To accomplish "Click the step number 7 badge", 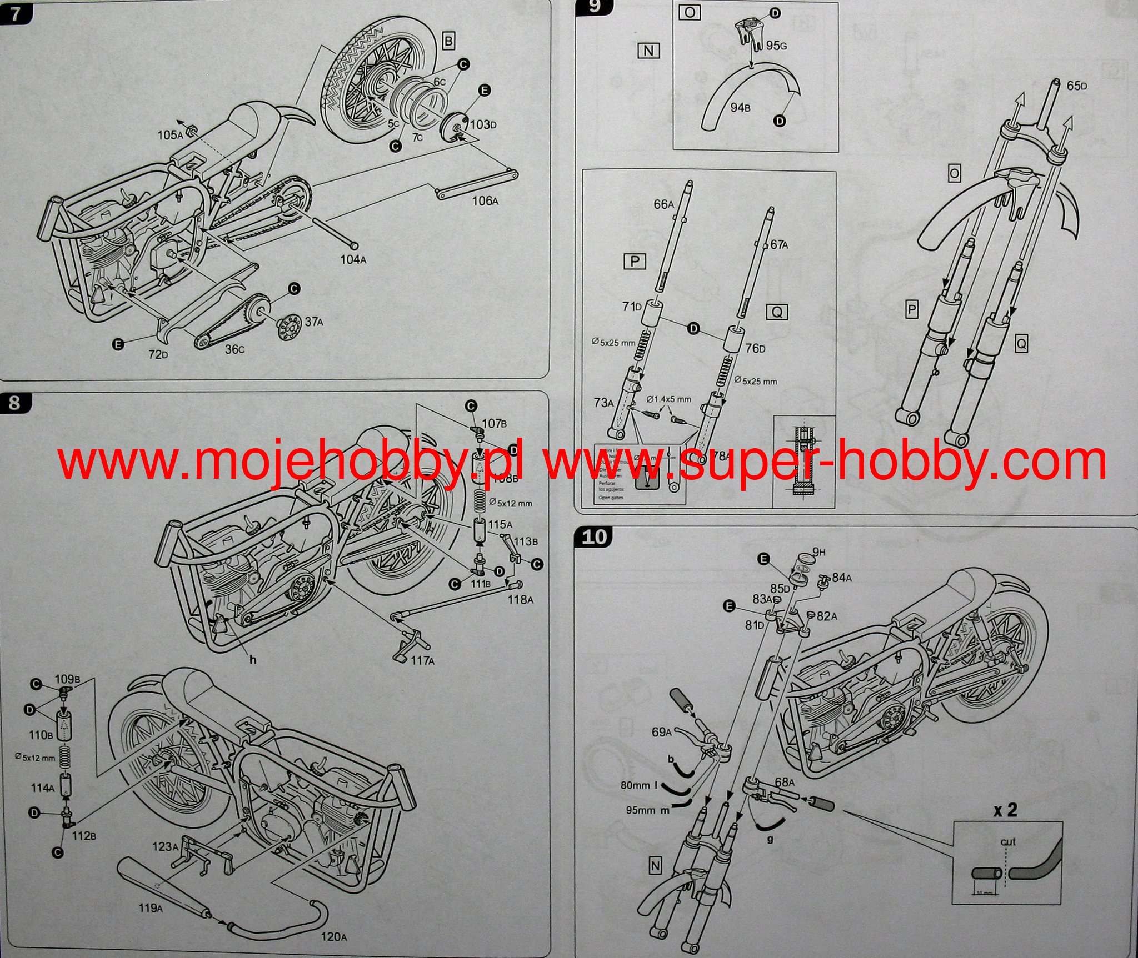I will (14, 13).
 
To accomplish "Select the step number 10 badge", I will (594, 537).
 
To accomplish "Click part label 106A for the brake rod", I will (485, 200).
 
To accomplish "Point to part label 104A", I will (352, 259).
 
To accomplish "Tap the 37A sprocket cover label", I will (314, 322).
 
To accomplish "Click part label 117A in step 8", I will (422, 660).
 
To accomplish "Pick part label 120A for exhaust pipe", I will (333, 936).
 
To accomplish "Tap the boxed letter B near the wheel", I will (448, 41).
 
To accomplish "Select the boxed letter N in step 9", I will (648, 51).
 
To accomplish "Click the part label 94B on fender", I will (740, 107).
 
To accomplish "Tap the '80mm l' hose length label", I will (640, 786).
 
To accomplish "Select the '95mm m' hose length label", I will (647, 810).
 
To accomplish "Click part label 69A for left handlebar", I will (662, 732).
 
